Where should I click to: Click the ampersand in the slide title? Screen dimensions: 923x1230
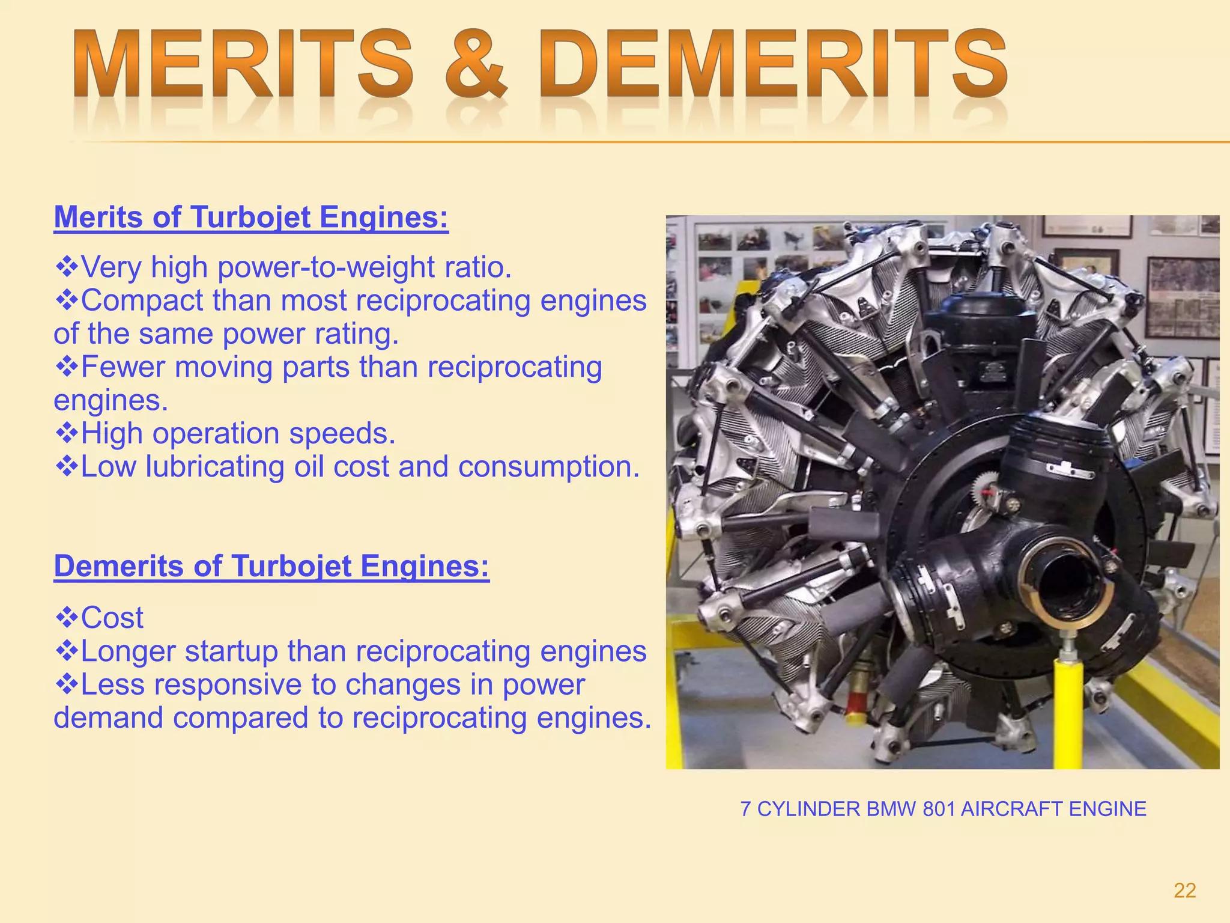476,65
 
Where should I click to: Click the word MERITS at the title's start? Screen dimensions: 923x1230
243,65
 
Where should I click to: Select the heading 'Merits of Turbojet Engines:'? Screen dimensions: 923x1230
251,218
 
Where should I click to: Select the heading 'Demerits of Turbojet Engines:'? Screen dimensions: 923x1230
271,566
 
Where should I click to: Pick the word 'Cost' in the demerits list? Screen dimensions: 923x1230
112,618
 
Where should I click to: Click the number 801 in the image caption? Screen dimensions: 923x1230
938,809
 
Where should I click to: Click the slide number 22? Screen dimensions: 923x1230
1184,891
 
